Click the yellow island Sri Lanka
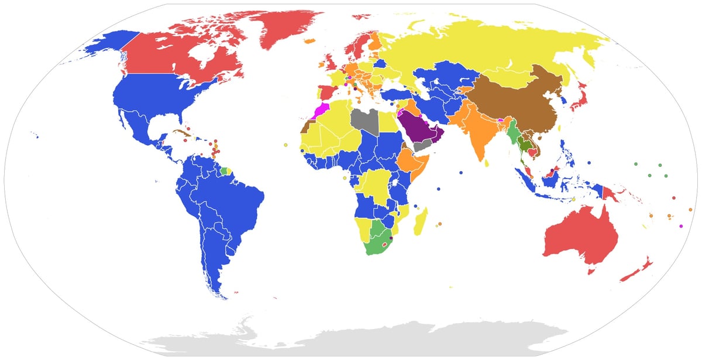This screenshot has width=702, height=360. (487, 163)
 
